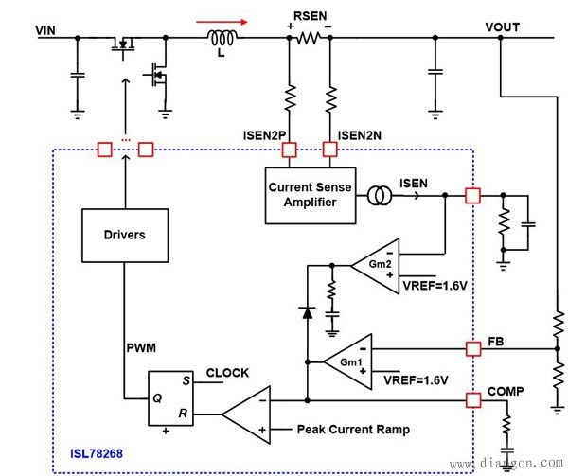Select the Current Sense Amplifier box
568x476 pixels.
[310, 195]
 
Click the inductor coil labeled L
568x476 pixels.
[222, 38]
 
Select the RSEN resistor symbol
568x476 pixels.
[309, 39]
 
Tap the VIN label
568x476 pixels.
[46, 30]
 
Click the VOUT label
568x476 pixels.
[502, 26]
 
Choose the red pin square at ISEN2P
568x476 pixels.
[289, 149]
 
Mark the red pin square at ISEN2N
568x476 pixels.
[329, 149]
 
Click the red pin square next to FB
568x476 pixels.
[473, 349]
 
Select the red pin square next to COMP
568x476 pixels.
[473, 399]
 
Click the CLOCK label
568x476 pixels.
[227, 373]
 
